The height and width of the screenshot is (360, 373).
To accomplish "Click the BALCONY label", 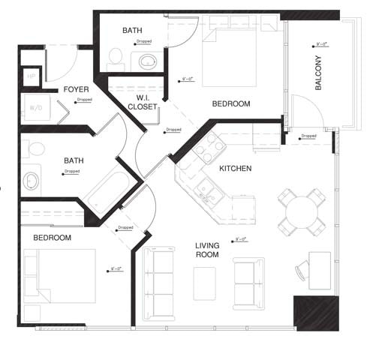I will [x=318, y=73].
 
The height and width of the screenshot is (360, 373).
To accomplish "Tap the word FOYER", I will [x=77, y=89].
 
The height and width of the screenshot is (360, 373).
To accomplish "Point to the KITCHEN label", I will [x=235, y=169].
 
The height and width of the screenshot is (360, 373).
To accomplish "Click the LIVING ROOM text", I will [x=207, y=250].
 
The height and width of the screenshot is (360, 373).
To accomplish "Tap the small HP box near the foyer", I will [x=32, y=76].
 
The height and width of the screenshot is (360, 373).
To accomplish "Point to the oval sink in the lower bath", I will [x=32, y=181].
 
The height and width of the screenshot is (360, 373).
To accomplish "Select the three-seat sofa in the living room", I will [x=158, y=283].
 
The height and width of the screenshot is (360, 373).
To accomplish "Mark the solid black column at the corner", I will [x=311, y=313].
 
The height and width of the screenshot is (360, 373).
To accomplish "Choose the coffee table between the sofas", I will [x=203, y=283].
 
